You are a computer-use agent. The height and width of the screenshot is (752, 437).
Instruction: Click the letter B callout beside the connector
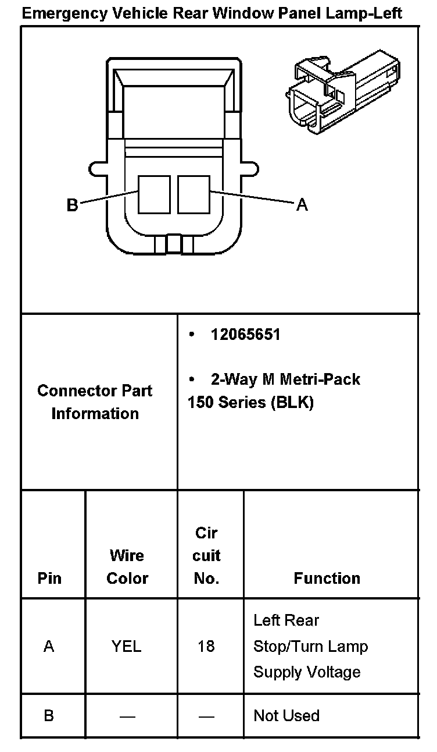click(x=72, y=205)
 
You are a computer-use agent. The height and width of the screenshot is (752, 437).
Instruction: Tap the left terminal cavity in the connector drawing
click(x=154, y=194)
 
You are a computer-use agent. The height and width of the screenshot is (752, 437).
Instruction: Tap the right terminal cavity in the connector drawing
click(x=194, y=194)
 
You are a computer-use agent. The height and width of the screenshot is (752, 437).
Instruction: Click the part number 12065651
click(x=245, y=335)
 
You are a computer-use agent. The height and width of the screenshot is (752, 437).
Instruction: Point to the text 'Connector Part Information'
click(x=95, y=402)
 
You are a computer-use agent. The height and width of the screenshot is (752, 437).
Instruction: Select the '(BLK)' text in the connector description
click(x=292, y=403)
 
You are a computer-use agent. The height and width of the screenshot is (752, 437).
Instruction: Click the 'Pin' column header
click(x=49, y=578)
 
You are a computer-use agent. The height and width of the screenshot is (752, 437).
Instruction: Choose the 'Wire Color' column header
click(x=127, y=567)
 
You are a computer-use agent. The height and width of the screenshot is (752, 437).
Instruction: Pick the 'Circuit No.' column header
click(x=207, y=555)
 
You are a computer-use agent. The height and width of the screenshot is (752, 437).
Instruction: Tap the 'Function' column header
click(x=327, y=578)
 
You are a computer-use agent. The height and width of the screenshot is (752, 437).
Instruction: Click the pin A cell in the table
click(x=49, y=646)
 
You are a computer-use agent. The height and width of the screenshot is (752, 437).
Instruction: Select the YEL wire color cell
click(x=127, y=646)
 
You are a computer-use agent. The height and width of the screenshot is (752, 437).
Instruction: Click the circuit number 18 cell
click(x=206, y=646)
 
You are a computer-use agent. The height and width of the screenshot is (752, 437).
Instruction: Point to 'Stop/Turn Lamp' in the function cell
click(x=310, y=646)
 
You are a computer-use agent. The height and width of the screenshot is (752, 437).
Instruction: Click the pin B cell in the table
click(x=49, y=715)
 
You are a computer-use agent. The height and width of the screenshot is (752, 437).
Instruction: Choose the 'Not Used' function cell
click(x=286, y=715)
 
